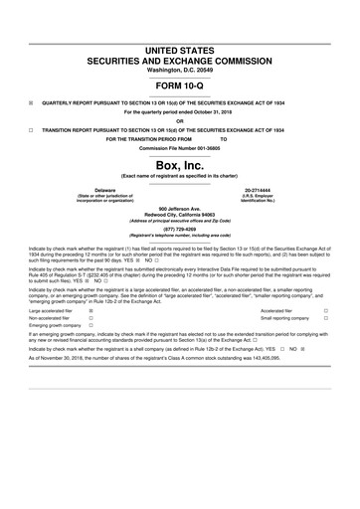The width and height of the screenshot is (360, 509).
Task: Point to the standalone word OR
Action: (x=180, y=120)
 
